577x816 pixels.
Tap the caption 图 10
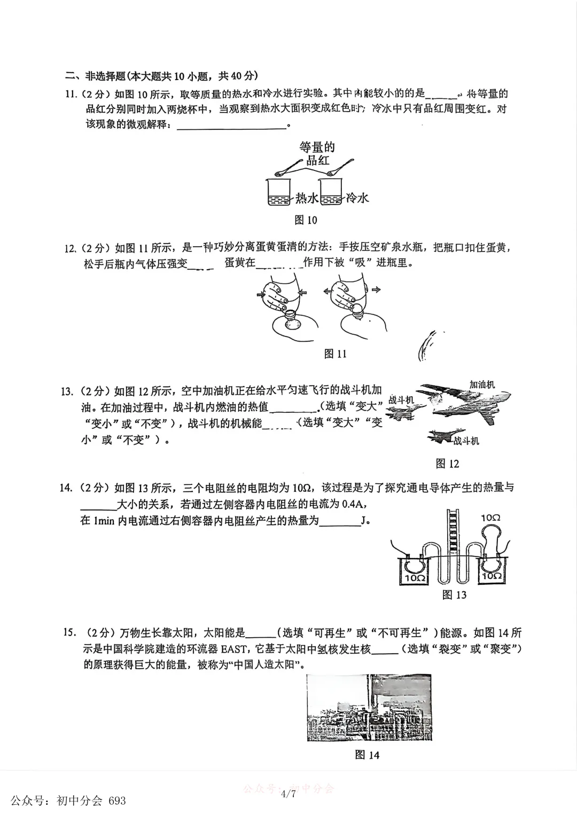pyautogui.click(x=306, y=219)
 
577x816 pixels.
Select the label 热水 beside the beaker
pyautogui.click(x=307, y=198)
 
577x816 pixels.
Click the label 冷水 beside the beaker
pyautogui.click(x=357, y=198)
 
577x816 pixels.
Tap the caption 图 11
pyautogui.click(x=336, y=354)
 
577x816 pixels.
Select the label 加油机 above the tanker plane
pyautogui.click(x=482, y=385)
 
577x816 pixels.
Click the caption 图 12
pyautogui.click(x=447, y=464)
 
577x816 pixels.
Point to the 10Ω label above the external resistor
pyautogui.click(x=490, y=517)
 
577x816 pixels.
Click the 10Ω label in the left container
pyautogui.click(x=415, y=578)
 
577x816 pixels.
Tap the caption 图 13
pyautogui.click(x=454, y=595)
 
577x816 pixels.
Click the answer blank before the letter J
pyautogui.click(x=340, y=521)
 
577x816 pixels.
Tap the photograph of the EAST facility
pyautogui.click(x=369, y=707)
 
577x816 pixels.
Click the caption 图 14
pyautogui.click(x=367, y=755)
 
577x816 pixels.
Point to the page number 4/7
pyautogui.click(x=288, y=794)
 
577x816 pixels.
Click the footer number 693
pyautogui.click(x=117, y=801)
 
